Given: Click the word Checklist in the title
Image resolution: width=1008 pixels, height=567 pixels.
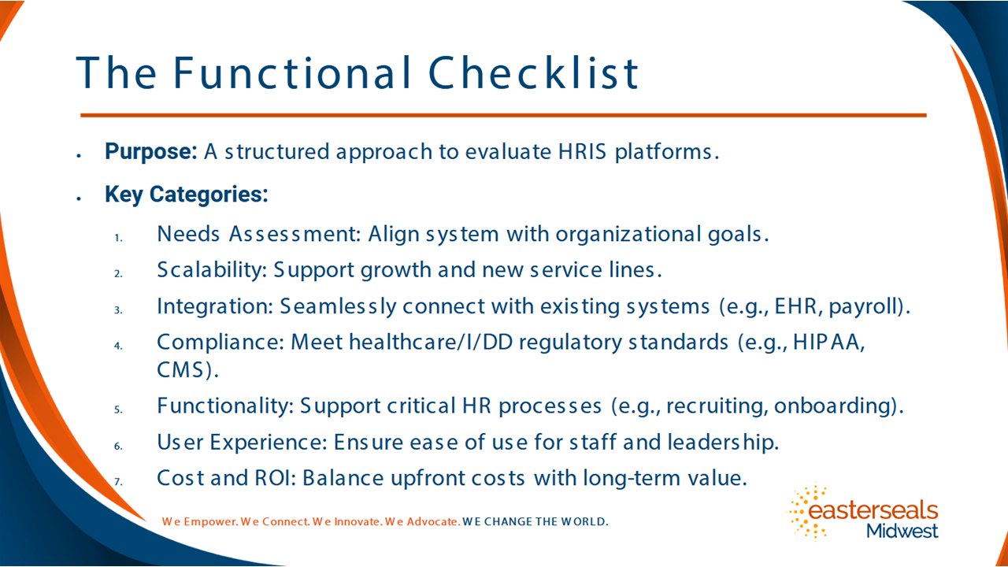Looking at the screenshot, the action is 533,72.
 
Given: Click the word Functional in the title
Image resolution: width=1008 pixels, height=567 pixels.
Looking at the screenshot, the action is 292,72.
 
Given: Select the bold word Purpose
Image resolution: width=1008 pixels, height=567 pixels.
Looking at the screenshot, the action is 150,152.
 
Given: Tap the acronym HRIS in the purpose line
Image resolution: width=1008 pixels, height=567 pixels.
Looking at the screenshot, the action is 582,152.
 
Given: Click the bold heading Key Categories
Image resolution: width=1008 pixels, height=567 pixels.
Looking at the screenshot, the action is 187,195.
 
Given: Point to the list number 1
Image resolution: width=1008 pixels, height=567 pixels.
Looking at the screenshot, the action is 118,238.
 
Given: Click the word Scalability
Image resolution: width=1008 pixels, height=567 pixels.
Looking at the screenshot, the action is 212,270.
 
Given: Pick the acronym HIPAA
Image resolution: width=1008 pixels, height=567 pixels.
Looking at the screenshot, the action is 828,342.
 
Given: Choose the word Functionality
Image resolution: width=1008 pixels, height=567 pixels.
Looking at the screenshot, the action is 225,406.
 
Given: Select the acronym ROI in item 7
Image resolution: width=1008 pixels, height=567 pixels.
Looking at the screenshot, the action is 275,478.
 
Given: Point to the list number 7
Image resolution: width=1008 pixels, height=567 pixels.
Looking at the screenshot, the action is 118,482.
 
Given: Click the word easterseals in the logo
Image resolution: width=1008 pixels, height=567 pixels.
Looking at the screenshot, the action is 873,510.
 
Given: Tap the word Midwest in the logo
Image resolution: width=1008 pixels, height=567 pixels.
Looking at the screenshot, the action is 902,531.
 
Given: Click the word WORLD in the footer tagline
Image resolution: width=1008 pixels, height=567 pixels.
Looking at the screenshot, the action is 584,522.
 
